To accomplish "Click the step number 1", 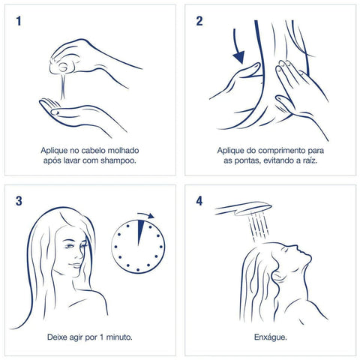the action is point(19,21).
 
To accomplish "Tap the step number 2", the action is point(199,21).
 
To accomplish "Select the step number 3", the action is point(19,201).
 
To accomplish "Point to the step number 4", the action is point(199,201).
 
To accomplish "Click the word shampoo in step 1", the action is point(118,160).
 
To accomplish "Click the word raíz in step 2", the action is point(310,160).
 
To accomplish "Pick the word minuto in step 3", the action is point(119,337).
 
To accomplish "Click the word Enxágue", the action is point(271,337).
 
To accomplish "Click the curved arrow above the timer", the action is point(146,215).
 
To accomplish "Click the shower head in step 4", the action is point(243,208).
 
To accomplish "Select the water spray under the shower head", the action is point(259,226).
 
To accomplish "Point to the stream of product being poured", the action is point(63,86).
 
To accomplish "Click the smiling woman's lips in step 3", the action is point(76,265).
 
